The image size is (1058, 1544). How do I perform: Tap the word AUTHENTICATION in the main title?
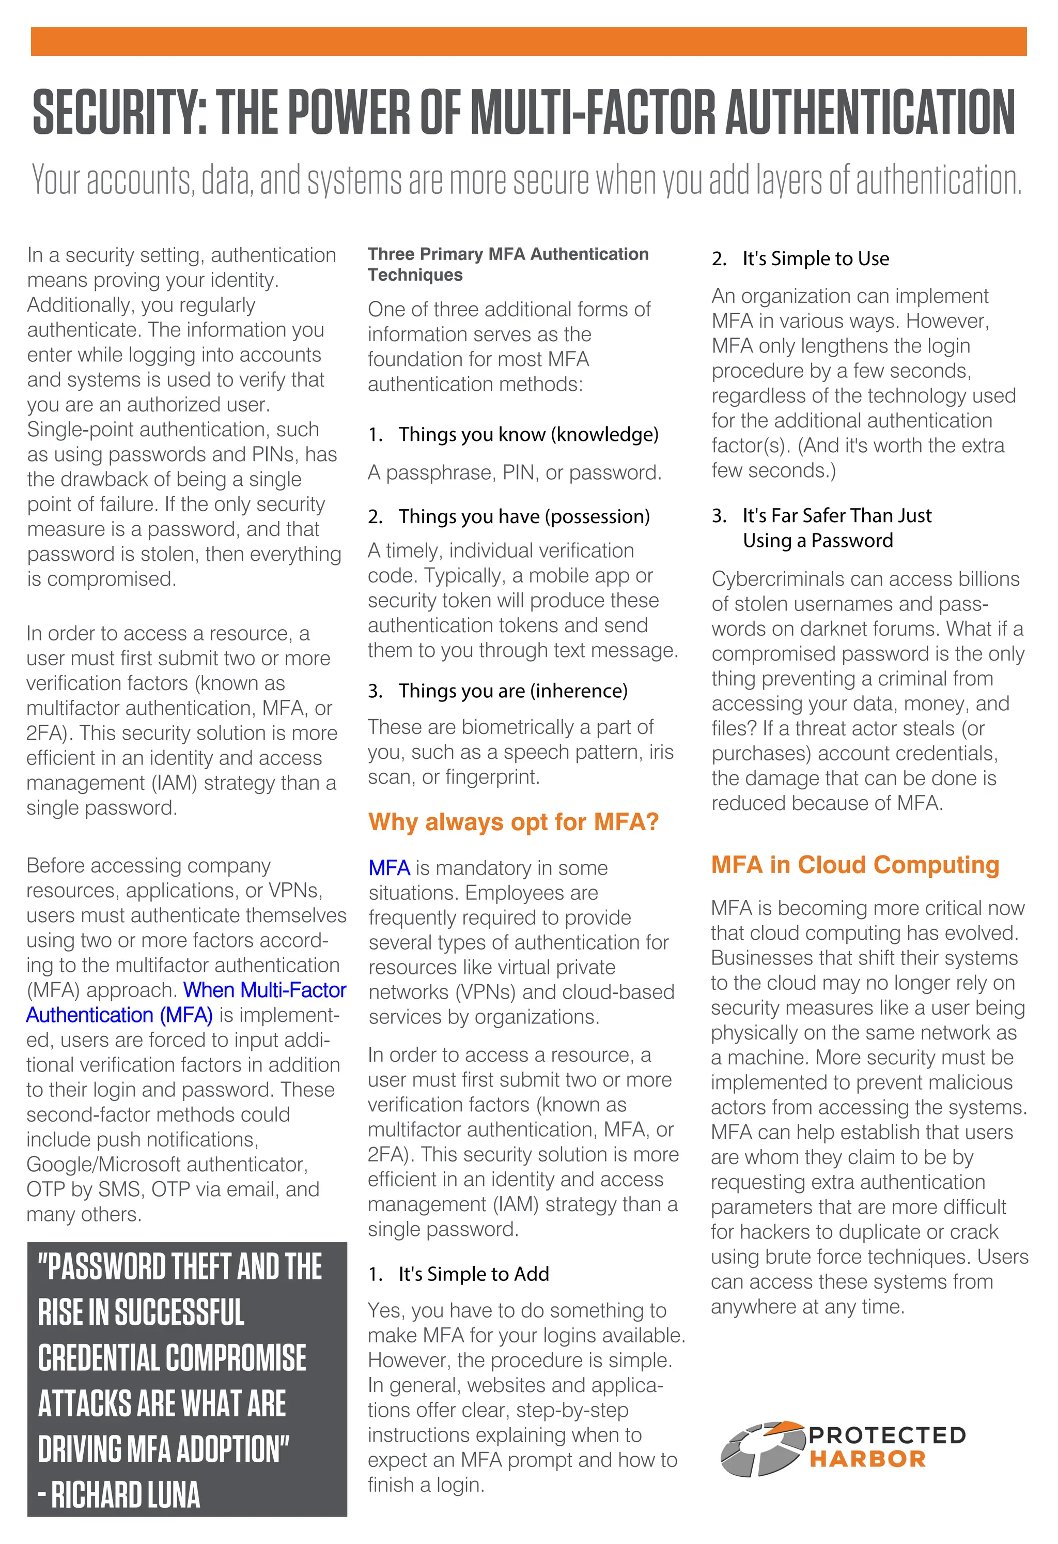click(869, 112)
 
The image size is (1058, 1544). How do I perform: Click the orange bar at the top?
click(528, 41)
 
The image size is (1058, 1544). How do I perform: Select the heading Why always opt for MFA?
click(514, 822)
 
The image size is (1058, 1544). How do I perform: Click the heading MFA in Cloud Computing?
click(855, 864)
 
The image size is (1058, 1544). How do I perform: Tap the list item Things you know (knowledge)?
click(528, 435)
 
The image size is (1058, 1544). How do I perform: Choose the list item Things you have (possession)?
click(524, 516)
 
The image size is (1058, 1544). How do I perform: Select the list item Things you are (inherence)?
click(513, 691)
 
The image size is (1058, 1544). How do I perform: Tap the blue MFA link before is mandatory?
click(389, 868)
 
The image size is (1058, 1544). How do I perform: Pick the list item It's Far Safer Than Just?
click(836, 515)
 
